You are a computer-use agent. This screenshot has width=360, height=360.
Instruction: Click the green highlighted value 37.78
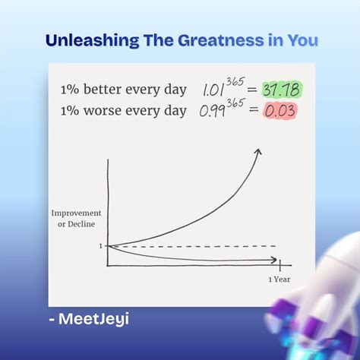point(281,90)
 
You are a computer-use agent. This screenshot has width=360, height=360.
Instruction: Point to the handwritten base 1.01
point(217,90)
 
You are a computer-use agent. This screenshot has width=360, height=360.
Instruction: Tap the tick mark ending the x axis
point(280,264)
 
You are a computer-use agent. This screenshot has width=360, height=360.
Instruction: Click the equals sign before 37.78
point(253,90)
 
